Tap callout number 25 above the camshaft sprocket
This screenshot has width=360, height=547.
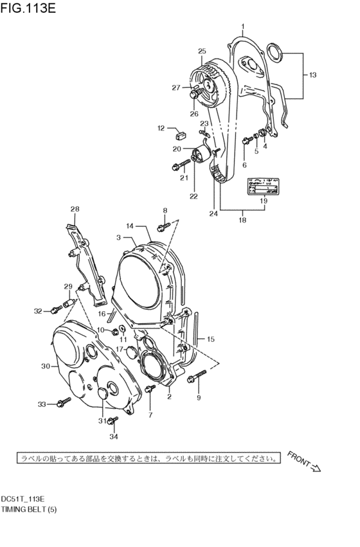tap(201, 51)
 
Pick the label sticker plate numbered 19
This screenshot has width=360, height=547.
tap(263, 186)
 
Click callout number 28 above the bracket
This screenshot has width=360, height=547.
tap(75, 209)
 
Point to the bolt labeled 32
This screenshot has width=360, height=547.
tap(55, 310)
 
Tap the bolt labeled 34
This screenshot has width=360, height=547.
tap(113, 421)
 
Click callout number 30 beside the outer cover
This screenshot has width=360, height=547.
tap(45, 366)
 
